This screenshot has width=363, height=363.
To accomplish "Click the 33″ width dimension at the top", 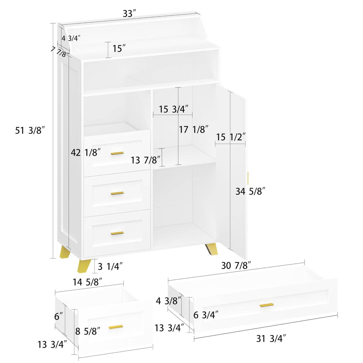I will (129, 14).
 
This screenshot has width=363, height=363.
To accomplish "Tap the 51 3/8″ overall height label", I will (30, 130).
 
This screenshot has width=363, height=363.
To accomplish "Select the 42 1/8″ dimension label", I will (86, 152).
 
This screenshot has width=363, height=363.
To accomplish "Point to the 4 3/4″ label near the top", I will (71, 38).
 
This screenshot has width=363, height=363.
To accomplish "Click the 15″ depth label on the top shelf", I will (119, 48).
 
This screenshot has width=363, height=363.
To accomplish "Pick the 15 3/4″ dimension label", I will (173, 109).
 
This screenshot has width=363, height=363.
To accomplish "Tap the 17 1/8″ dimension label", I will (193, 129).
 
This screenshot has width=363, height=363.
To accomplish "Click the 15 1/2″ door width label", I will (231, 137).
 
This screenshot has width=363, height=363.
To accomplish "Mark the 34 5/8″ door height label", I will (250, 191).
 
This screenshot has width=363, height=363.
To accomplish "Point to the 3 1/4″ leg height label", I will (110, 266).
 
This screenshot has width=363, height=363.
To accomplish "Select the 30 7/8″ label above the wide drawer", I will (236, 265).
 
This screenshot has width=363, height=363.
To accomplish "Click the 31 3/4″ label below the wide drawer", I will (271, 338).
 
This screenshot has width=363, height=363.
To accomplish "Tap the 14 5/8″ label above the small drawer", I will (87, 282).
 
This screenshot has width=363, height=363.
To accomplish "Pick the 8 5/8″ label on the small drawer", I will (88, 331).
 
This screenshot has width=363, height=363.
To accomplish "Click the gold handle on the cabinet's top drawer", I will (117, 153).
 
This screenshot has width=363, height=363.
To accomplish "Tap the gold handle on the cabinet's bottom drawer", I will (117, 233).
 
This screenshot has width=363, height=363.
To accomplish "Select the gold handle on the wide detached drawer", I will (266, 305).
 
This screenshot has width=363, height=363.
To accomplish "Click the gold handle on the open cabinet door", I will (248, 178).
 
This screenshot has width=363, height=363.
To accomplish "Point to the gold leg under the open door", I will (212, 249).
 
